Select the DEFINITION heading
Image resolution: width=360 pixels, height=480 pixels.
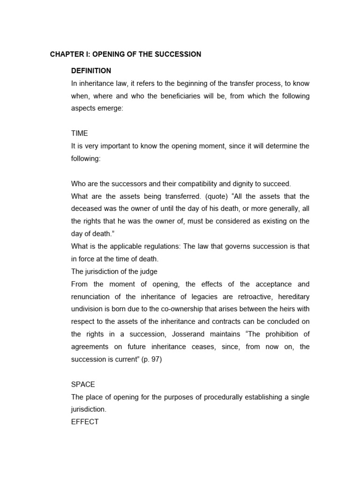(91, 71)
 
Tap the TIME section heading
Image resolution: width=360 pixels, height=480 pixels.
(79, 134)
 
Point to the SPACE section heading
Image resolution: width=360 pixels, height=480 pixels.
(83, 384)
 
